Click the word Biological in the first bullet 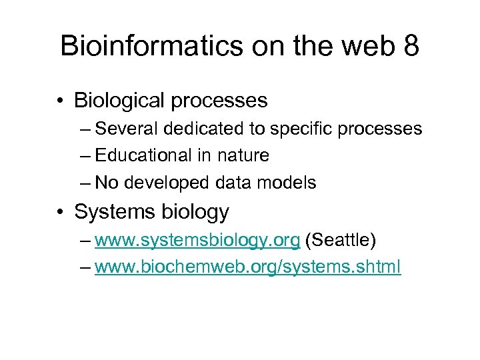click(x=120, y=101)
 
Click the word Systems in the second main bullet click(x=113, y=212)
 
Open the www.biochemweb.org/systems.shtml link click(x=248, y=267)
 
